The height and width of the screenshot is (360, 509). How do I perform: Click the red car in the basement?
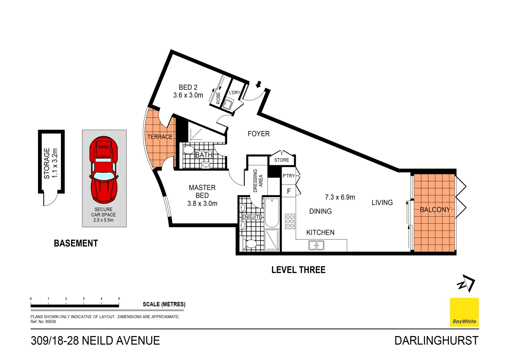pyautogui.click(x=104, y=170)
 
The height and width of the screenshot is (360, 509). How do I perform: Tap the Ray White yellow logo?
pyautogui.click(x=464, y=312)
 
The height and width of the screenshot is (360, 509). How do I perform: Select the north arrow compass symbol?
pyautogui.click(x=466, y=283)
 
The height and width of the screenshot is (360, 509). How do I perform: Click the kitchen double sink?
pyautogui.click(x=316, y=245)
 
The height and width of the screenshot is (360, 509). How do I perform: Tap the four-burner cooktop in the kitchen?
pyautogui.click(x=290, y=221)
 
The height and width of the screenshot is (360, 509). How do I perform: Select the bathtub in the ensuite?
pyautogui.click(x=272, y=212)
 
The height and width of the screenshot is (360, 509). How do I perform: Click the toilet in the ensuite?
pyautogui.click(x=250, y=244)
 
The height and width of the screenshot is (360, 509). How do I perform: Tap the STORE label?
pyautogui.click(x=281, y=160)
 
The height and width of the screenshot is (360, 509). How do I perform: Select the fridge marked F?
pyautogui.click(x=289, y=191)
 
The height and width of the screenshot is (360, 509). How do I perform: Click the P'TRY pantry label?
pyautogui.click(x=288, y=176)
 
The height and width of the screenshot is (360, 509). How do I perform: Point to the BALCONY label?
pyautogui.click(x=435, y=210)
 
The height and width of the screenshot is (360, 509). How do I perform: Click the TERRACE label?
pyautogui.click(x=160, y=137)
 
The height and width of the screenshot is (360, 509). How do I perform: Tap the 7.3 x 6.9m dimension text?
pyautogui.click(x=340, y=197)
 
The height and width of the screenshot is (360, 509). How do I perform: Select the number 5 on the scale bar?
pyautogui.click(x=119, y=299)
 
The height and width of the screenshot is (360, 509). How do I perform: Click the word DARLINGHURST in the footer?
pyautogui.click(x=436, y=341)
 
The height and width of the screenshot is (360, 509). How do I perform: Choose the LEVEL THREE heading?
pyautogui.click(x=298, y=270)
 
